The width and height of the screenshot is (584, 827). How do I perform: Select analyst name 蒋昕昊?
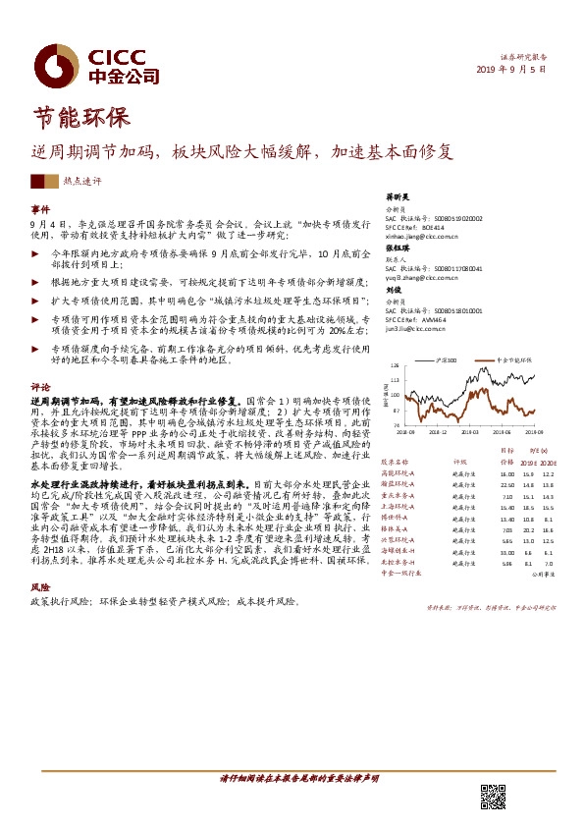coord(396,196)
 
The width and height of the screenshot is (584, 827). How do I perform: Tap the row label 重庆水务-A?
coord(400,496)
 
